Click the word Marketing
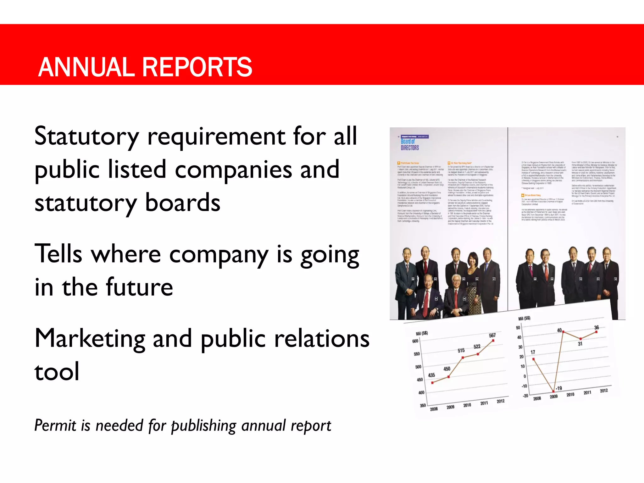[x=90, y=339]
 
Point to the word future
[x=140, y=287]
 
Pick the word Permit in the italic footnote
[x=55, y=425]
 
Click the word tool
[x=57, y=372]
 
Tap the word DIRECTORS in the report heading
[x=410, y=148]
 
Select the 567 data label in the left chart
[x=492, y=336]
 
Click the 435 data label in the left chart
[x=431, y=375]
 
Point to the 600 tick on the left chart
[x=415, y=341]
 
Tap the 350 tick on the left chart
[x=423, y=406]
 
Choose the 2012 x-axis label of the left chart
[x=501, y=401]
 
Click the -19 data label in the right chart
[x=558, y=388]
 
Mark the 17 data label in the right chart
[x=533, y=352]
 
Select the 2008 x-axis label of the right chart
[x=537, y=398]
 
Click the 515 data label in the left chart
[x=461, y=350]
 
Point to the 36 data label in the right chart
[x=597, y=327]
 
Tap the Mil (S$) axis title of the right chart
[x=524, y=319]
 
